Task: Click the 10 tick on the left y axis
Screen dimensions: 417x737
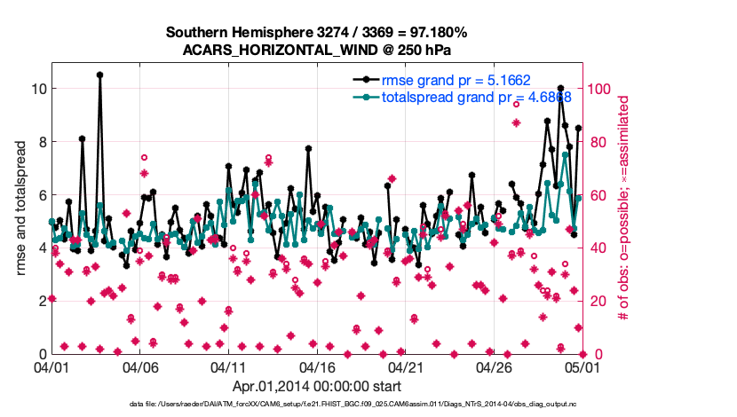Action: pos(39,89)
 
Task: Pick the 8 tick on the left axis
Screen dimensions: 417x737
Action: pos(43,141)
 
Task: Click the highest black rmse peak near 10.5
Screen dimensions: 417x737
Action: pos(99,75)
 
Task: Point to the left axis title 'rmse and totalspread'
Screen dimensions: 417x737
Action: pos(20,208)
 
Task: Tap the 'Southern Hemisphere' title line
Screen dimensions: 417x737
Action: pos(317,33)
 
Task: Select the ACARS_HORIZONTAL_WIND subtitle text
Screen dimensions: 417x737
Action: pos(317,49)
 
